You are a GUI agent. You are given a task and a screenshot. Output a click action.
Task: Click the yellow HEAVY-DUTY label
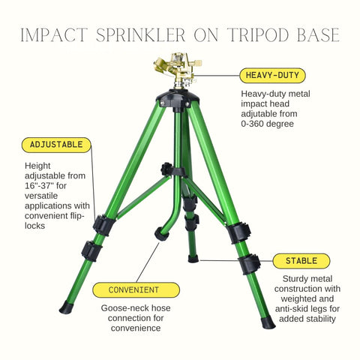[272, 76]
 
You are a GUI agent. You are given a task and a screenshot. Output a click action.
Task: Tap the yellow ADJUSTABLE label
[56, 145]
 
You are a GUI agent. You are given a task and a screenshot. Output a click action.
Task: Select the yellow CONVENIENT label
[136, 290]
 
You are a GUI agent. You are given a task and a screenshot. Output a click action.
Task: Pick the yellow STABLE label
[301, 261]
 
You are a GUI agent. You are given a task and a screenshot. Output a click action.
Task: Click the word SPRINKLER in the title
[140, 35]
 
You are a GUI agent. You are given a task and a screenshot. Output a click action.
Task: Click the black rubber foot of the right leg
[268, 322]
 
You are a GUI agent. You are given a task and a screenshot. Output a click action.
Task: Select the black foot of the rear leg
[193, 259]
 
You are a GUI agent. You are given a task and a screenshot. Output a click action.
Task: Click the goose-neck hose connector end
[161, 234]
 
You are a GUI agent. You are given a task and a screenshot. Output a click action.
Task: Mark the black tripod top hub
[178, 98]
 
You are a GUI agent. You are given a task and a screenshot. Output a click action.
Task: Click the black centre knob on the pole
[166, 169]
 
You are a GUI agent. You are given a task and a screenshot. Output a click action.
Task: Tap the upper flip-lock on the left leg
[104, 225]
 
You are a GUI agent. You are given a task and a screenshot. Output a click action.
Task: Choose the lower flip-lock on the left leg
[92, 251]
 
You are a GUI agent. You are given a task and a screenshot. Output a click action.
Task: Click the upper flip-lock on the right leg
[238, 232]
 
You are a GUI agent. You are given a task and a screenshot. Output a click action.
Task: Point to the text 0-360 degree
[267, 124]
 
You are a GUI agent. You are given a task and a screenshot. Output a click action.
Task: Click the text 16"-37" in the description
[39, 186]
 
